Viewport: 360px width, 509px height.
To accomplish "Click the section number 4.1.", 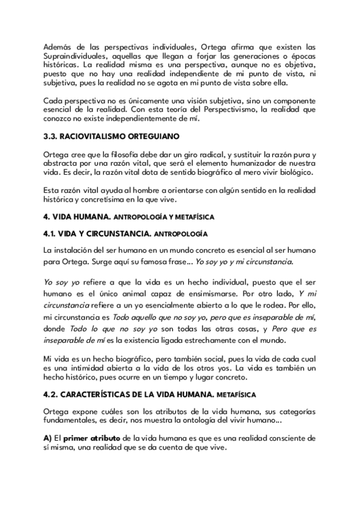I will tap(52, 230).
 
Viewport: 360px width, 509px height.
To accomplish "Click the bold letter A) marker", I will tap(49, 439).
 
